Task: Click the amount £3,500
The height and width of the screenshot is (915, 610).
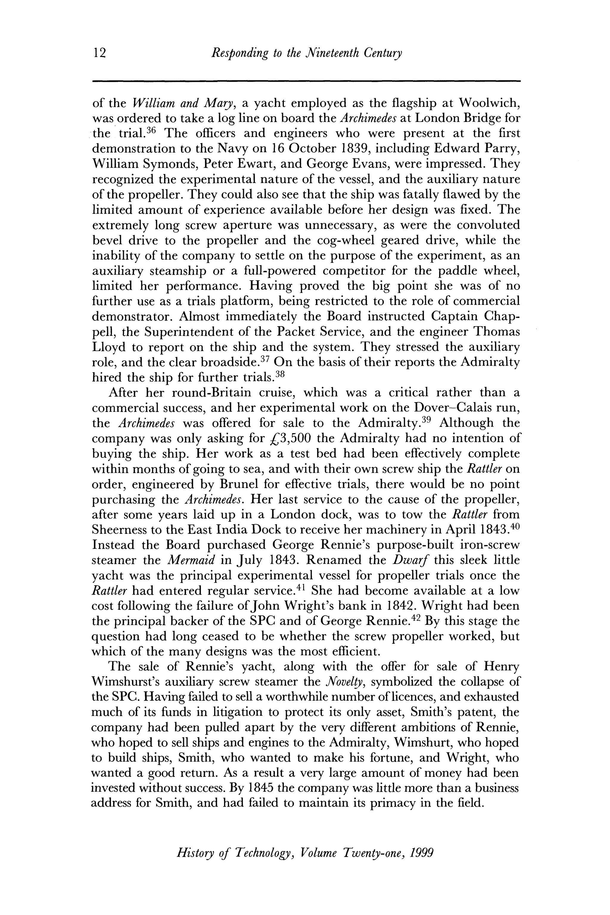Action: point(286,439)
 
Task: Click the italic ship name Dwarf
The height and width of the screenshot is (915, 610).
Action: point(412,561)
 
